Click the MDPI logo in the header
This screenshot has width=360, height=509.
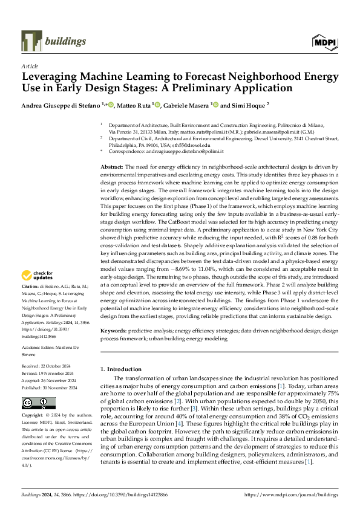[x=324, y=41]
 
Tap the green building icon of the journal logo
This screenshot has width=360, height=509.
[x=31, y=41]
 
